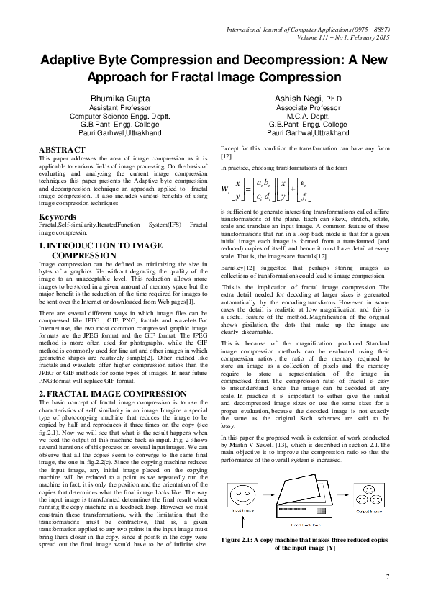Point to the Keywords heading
point(58,216)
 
